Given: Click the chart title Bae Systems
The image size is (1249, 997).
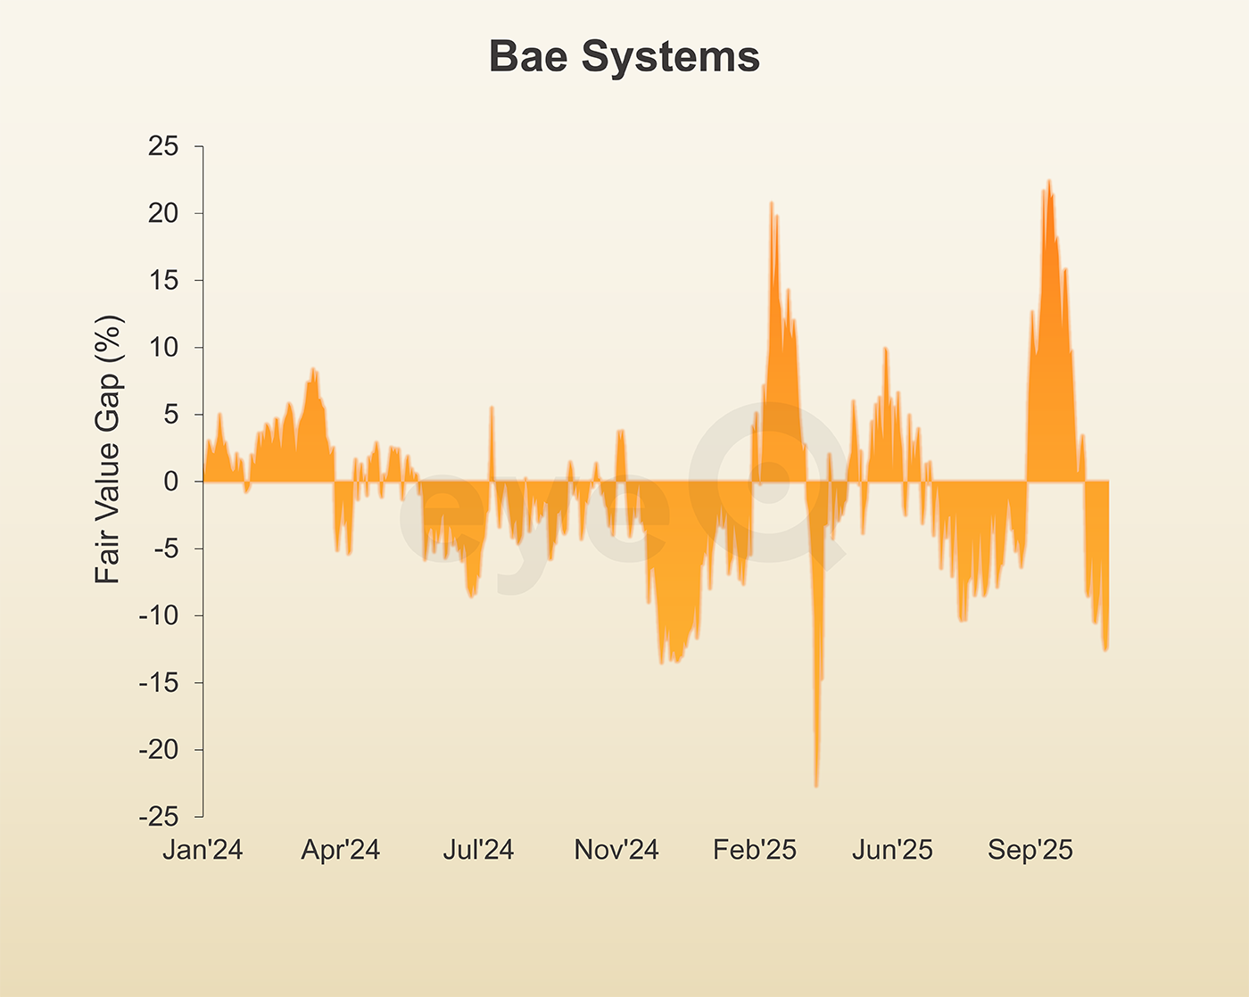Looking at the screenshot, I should (x=624, y=57).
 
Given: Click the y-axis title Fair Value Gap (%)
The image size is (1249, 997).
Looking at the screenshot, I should (x=108, y=449).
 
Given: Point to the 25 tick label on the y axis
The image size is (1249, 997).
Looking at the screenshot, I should (x=163, y=146).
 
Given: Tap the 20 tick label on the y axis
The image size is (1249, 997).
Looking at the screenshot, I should (x=163, y=213).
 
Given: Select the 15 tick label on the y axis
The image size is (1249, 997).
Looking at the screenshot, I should (x=163, y=280).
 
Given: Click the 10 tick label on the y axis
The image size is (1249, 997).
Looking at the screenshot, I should (x=163, y=348).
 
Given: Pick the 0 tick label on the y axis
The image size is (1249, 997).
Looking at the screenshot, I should (x=170, y=482).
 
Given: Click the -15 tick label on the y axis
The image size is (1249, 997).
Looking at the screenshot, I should (x=159, y=683).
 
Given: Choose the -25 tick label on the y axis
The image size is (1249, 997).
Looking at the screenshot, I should (x=159, y=817).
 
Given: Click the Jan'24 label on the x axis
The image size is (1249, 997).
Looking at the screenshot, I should (x=203, y=850).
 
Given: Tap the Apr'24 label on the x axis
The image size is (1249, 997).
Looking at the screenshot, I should (x=341, y=850).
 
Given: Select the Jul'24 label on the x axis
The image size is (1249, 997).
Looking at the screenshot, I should (x=478, y=850).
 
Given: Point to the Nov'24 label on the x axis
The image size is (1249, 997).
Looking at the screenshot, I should (x=616, y=850).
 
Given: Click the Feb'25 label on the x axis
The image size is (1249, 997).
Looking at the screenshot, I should (x=755, y=850).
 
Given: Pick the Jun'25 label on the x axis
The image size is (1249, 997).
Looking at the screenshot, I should (x=892, y=850).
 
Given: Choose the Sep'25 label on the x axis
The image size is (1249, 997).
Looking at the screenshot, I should (x=1030, y=850).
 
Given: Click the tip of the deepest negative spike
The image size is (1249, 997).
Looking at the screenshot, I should (x=816, y=786).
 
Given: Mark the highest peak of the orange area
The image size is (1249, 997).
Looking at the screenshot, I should (x=1049, y=181).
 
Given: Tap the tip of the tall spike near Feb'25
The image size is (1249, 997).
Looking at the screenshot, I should (x=772, y=203).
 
